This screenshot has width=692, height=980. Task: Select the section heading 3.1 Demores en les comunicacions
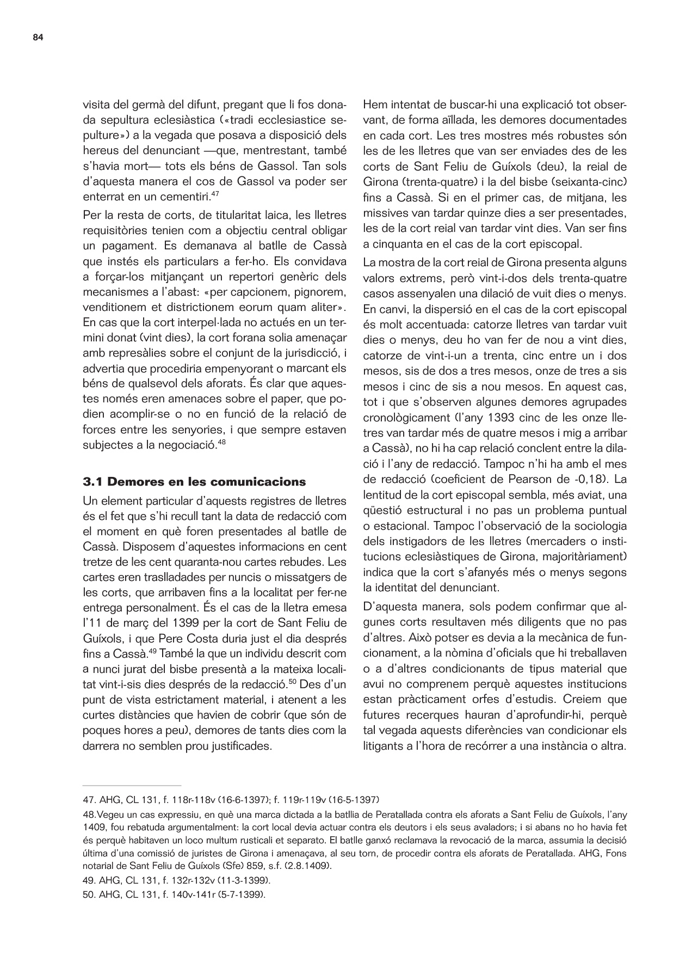tap(194, 482)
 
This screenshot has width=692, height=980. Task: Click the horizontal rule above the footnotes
tap(132, 786)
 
